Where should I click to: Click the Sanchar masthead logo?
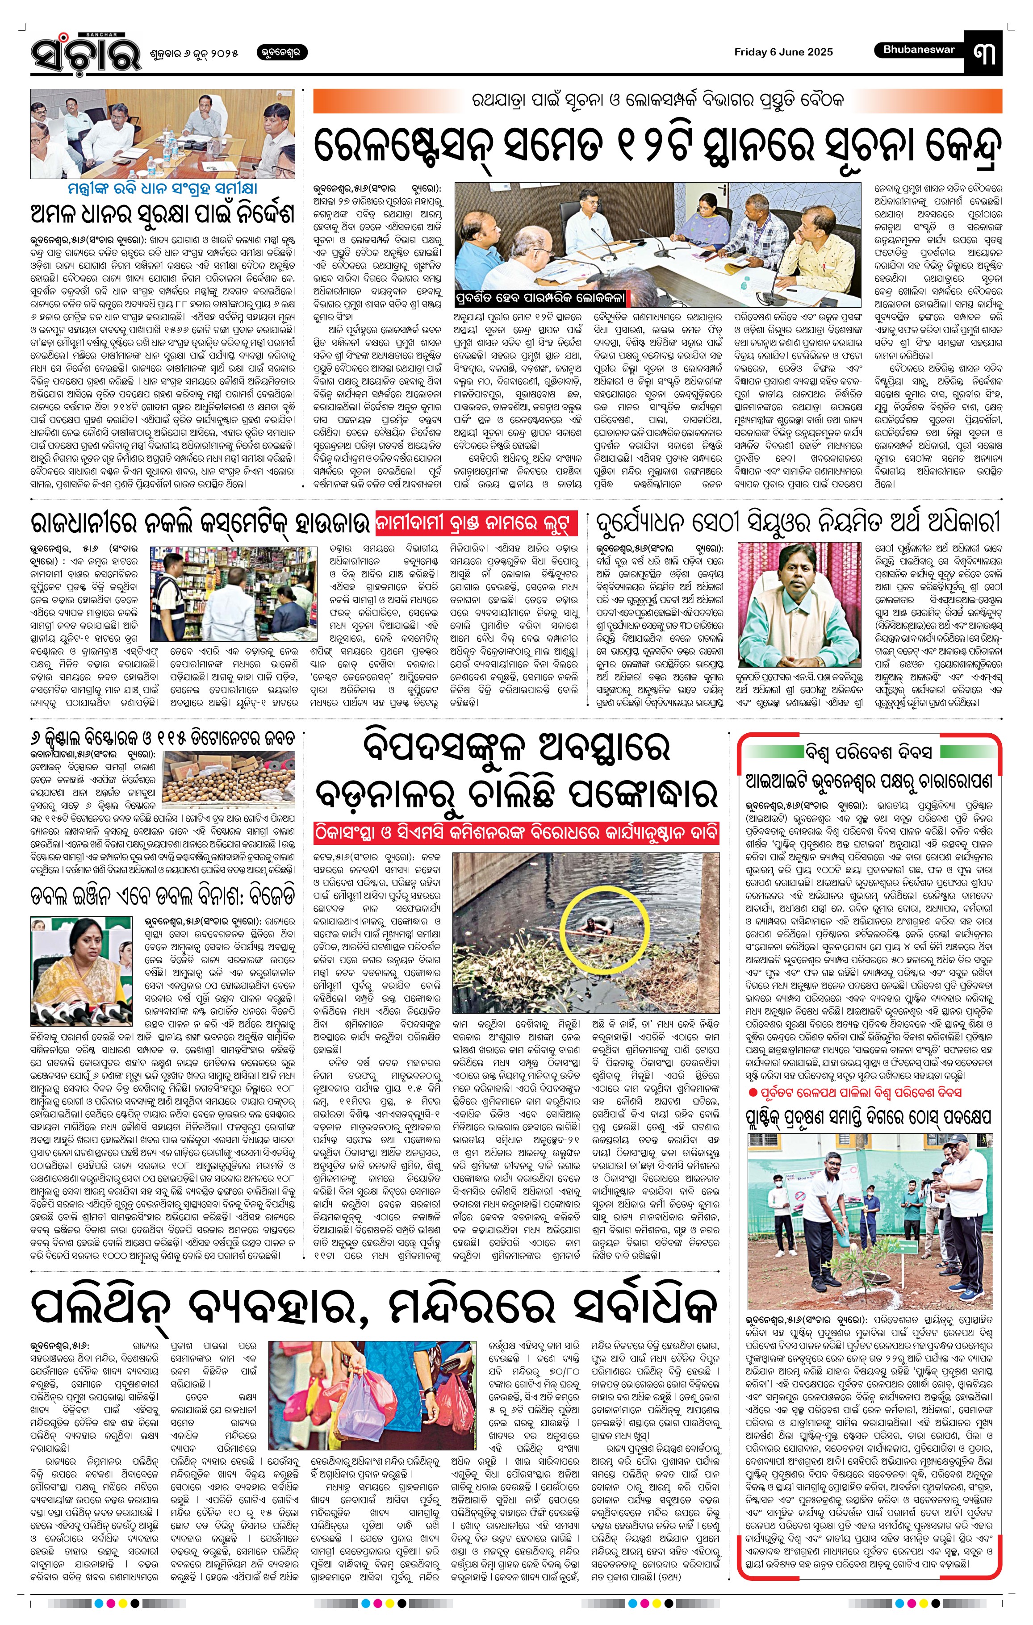(86, 54)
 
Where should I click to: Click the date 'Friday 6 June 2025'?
(783, 52)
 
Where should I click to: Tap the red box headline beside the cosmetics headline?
(477, 523)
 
